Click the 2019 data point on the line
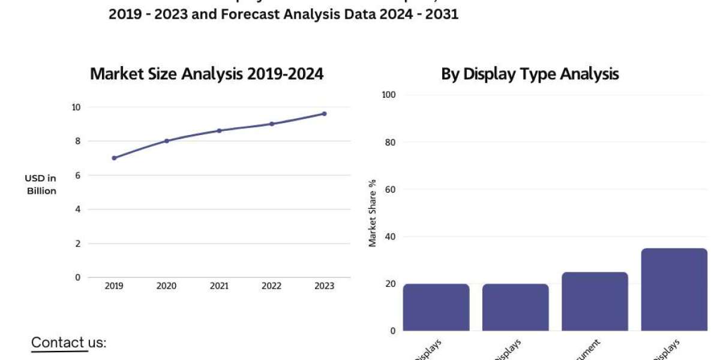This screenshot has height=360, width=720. click(x=114, y=158)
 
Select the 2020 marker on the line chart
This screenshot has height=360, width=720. click(x=166, y=141)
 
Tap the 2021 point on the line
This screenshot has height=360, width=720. click(x=219, y=130)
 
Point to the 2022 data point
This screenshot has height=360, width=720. click(x=271, y=124)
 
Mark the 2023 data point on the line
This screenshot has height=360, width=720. click(x=324, y=113)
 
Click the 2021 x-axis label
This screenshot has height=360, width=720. click(x=219, y=286)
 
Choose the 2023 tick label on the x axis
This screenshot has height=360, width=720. click(x=324, y=286)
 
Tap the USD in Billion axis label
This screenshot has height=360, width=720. click(x=41, y=185)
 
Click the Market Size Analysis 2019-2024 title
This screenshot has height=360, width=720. click(x=206, y=74)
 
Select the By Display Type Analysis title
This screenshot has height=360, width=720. click(x=530, y=74)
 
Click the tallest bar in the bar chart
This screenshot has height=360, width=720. click(x=674, y=289)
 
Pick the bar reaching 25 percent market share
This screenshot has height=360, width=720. click(x=595, y=301)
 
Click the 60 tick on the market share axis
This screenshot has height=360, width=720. click(x=390, y=189)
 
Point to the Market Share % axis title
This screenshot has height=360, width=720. click(x=373, y=213)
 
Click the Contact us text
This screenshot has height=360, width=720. click(x=68, y=343)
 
